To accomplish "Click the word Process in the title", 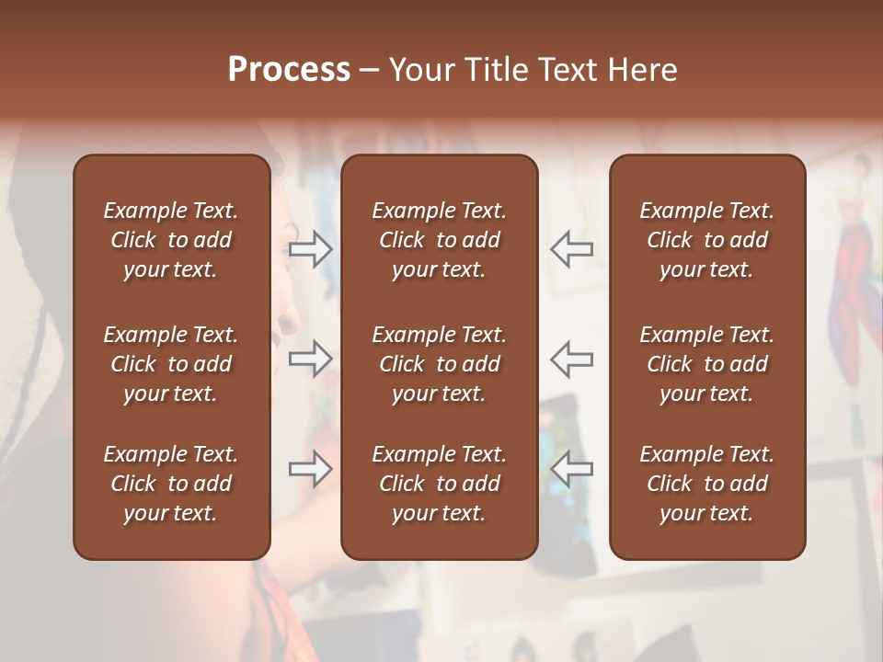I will point(289,70).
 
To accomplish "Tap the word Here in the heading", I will point(641,70).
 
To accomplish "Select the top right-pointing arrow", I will point(311,249).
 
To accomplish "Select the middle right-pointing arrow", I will point(311,359).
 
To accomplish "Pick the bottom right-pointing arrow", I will point(311,469).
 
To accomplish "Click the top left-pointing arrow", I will point(571,249).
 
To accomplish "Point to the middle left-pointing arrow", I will point(571,359).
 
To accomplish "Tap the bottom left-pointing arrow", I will point(571,469).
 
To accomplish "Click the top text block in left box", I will point(171,240).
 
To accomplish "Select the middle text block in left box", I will point(171,364).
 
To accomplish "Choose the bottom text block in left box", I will point(171,484).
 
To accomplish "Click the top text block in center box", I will point(439,240).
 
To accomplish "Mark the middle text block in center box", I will point(439,364).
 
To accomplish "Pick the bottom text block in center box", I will point(439,484).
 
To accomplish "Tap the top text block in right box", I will point(706,240).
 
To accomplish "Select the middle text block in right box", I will point(706,364).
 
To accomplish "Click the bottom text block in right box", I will point(706,484).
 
